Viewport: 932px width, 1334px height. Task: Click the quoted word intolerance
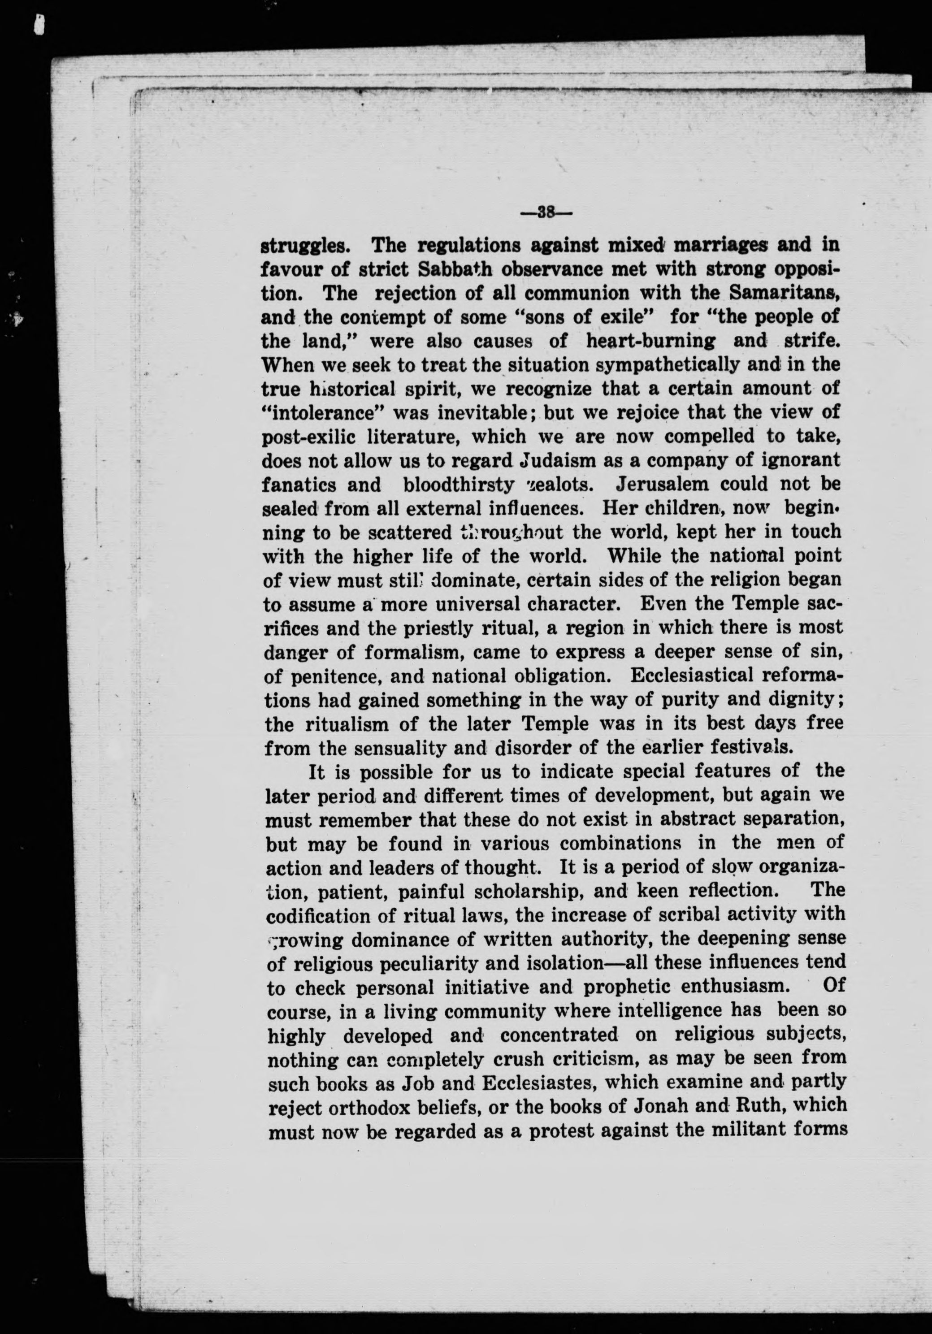click(x=325, y=412)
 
